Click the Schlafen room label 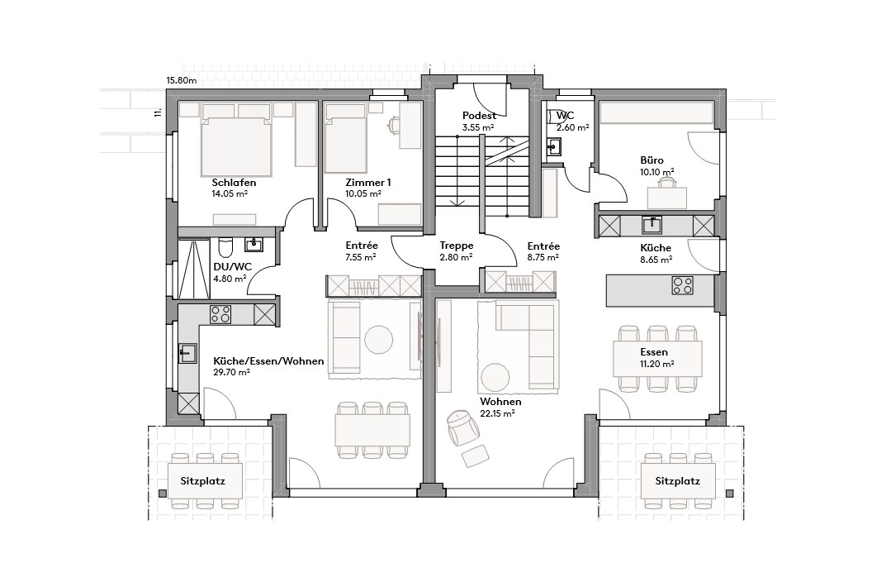[x=234, y=183]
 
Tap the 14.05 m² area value [x=230, y=194]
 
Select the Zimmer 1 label [x=369, y=183]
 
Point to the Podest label [x=479, y=117]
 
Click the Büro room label [x=652, y=160]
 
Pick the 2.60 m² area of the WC [x=572, y=127]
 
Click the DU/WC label [x=232, y=266]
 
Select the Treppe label [x=456, y=246]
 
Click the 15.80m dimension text [x=182, y=81]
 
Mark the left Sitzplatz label [x=203, y=480]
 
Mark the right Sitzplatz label [x=677, y=480]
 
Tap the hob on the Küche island [x=682, y=286]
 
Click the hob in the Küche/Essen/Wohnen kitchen [x=220, y=313]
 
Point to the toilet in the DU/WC [x=225, y=249]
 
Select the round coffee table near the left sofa [x=380, y=339]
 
